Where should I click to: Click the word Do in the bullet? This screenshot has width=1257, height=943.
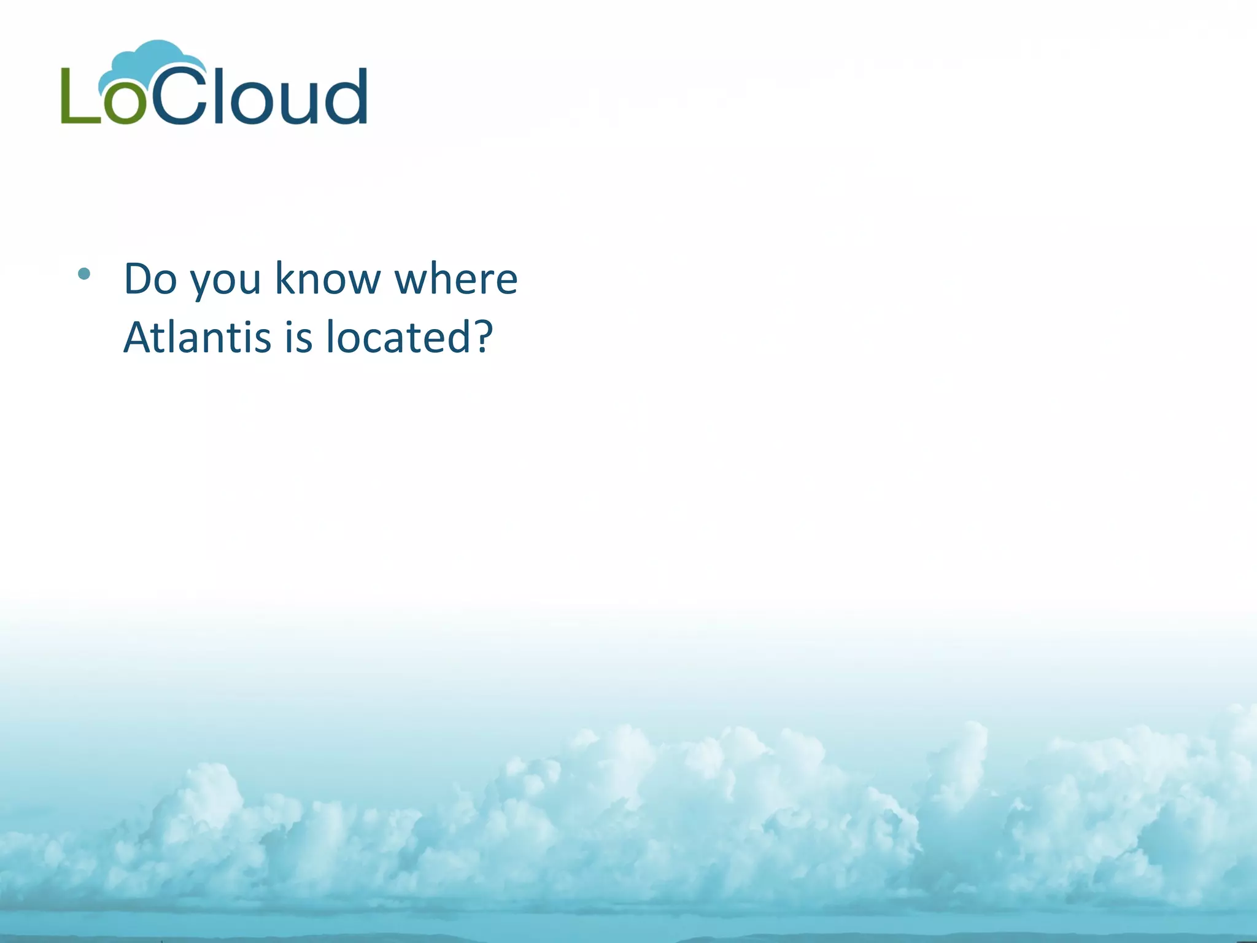click(x=150, y=279)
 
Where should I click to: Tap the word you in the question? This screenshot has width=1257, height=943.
click(x=225, y=281)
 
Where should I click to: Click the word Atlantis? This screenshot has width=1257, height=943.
click(x=197, y=337)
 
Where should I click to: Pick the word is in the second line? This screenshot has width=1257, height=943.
click(x=299, y=337)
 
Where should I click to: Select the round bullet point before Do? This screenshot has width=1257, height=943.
click(x=84, y=274)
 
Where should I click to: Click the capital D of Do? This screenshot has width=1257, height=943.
click(x=141, y=279)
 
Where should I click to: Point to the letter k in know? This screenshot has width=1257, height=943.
click(x=285, y=277)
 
